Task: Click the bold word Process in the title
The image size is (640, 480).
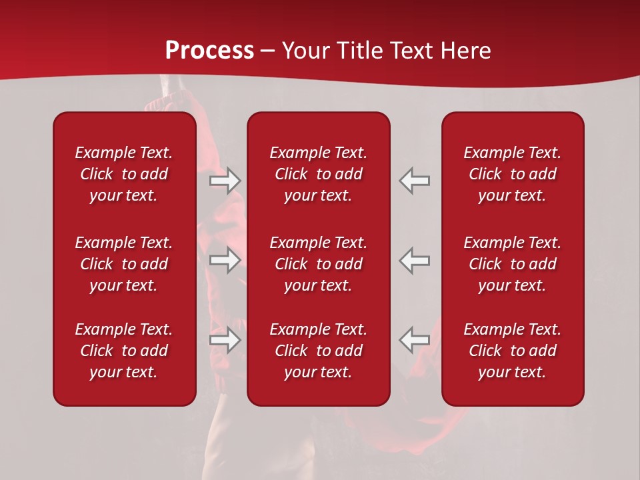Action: tap(209, 51)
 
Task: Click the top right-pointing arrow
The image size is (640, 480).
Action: tap(225, 181)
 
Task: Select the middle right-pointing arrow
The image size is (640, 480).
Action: tap(225, 260)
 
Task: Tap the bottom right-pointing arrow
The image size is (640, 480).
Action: tap(225, 340)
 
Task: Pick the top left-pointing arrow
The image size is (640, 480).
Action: tap(415, 181)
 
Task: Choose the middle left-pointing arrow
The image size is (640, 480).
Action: tap(415, 260)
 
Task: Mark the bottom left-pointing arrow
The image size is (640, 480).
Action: tap(415, 340)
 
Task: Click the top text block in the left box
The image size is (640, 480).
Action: tap(124, 174)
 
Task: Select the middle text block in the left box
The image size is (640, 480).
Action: tap(124, 264)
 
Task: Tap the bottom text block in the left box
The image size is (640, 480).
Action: tap(124, 351)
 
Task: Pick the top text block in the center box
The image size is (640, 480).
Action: tap(319, 174)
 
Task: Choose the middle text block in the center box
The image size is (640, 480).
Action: tap(319, 264)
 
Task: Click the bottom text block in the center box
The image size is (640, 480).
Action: tap(319, 351)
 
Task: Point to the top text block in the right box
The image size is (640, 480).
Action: tap(513, 174)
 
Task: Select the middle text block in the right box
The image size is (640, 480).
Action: tap(513, 264)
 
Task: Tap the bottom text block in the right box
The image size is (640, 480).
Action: tap(513, 351)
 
